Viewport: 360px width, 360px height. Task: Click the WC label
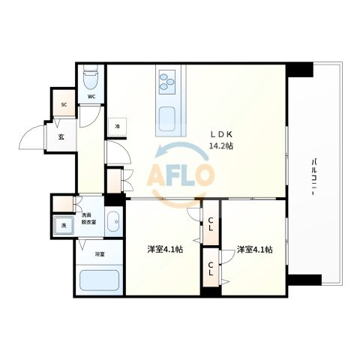91,97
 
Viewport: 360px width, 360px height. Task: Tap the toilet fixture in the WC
91,76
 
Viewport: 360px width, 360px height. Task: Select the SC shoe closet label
64,105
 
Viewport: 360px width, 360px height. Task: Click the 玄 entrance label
61,136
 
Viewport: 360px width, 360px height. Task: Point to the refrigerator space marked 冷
117,127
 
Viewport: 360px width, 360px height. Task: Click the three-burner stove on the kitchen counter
166,82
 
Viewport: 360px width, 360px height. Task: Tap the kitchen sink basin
166,118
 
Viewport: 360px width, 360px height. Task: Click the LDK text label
221,135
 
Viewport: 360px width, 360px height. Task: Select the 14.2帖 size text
221,146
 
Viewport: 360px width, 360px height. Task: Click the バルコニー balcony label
313,177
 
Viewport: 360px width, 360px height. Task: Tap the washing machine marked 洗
64,225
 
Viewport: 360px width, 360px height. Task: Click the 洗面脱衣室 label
89,219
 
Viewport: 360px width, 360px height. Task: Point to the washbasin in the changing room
114,221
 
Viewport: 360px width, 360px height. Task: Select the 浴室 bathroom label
100,254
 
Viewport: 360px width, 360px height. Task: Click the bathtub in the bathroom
99,280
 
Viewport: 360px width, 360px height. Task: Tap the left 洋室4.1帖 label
165,249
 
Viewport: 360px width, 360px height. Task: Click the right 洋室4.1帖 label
255,250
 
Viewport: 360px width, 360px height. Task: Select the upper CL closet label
211,224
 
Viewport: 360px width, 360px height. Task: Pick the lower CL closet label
211,268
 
